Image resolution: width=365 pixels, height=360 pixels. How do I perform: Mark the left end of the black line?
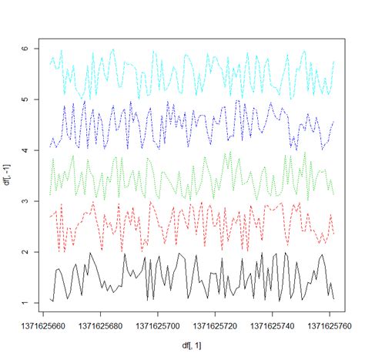pos(50,298)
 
